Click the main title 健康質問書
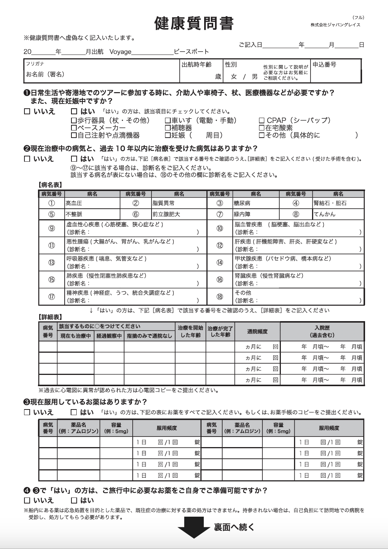pyautogui.click(x=194, y=23)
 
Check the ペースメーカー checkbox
pyautogui.click(x=74, y=128)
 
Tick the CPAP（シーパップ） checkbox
pyautogui.click(x=262, y=121)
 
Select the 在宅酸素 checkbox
pyautogui.click(x=262, y=128)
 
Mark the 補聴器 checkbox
pyautogui.click(x=168, y=128)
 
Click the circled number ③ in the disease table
pyautogui.click(x=220, y=203)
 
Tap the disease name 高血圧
pyautogui.click(x=74, y=203)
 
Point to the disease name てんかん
pyautogui.click(x=324, y=214)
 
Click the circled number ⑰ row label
pyautogui.click(x=52, y=297)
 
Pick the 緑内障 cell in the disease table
pyautogui.click(x=242, y=214)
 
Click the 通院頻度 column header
pyautogui.click(x=257, y=331)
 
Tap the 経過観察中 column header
pyautogui.click(x=109, y=336)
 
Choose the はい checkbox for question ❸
pyautogui.click(x=74, y=413)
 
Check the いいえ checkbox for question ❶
pyautogui.click(x=27, y=112)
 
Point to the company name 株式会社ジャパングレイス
pyautogui.click(x=335, y=25)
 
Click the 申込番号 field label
pyautogui.click(x=324, y=65)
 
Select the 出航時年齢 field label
pyautogui.click(x=197, y=65)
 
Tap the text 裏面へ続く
pyautogui.click(x=234, y=527)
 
